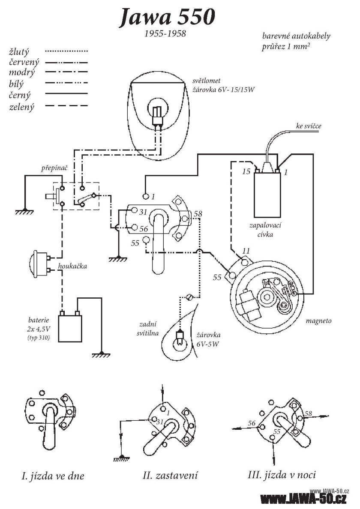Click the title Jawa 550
tap(168, 18)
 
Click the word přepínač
tap(54, 169)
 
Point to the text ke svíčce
tap(308, 126)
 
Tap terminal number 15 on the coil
tap(246, 172)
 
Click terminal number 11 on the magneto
tap(246, 250)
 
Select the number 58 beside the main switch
tap(198, 214)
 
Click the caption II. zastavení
tap(171, 476)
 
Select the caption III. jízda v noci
tap(284, 475)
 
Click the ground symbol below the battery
tap(102, 354)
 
